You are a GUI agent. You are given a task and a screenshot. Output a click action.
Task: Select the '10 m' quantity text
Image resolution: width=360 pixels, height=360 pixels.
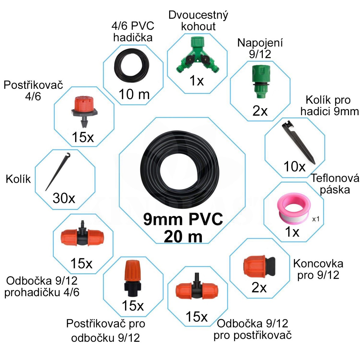tap(134, 94)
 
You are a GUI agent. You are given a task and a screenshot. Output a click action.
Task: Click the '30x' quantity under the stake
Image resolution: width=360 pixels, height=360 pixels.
tap(64, 198)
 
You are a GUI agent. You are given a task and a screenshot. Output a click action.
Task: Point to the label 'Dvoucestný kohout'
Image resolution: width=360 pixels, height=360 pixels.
tap(198, 20)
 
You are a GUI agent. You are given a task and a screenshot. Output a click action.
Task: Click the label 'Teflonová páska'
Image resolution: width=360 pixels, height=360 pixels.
tap(335, 184)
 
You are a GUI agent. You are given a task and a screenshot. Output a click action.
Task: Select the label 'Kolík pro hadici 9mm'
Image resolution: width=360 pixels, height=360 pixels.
tap(329, 106)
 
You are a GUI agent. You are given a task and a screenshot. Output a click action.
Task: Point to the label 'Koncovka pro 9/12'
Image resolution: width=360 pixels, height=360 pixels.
tap(318, 269)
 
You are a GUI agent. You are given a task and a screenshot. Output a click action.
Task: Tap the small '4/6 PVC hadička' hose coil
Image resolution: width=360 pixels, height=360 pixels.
tap(133, 64)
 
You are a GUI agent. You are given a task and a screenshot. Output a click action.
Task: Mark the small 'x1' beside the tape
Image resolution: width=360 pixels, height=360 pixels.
tap(316, 219)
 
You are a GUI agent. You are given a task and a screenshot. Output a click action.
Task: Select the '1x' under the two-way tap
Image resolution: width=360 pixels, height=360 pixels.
tap(196, 81)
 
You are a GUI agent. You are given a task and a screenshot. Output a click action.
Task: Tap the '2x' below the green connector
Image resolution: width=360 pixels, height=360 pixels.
tap(260, 111)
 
